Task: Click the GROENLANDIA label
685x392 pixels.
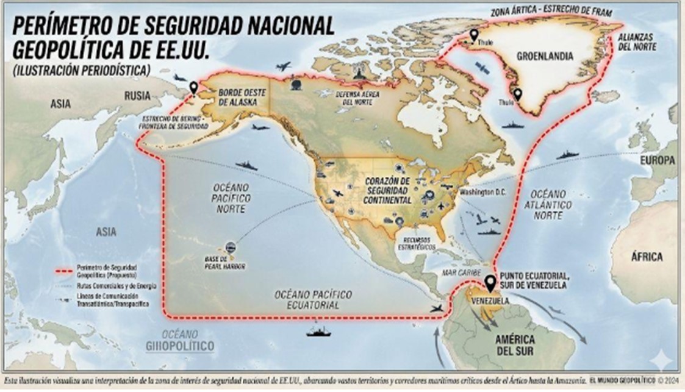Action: tap(545, 55)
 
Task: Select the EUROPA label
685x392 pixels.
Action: tap(658, 160)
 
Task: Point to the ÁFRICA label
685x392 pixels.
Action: tap(647, 257)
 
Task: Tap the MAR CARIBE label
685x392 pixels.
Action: tap(463, 272)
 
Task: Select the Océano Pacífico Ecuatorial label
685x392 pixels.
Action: tap(313, 299)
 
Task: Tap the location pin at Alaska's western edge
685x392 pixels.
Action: tap(194, 88)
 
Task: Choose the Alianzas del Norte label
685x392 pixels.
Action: tap(637, 41)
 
